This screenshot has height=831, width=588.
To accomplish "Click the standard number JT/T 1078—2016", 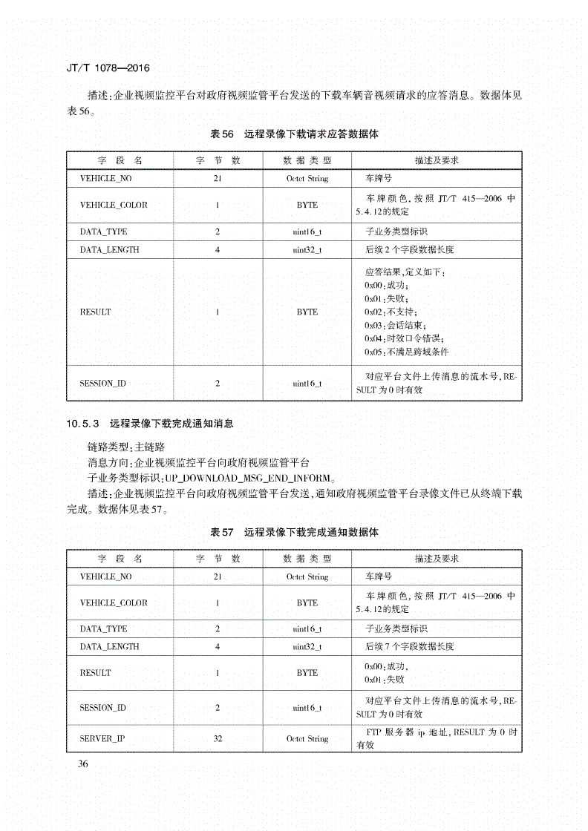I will click(108, 68).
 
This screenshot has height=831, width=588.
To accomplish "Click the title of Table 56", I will click(295, 134).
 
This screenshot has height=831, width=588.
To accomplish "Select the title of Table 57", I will click(295, 532).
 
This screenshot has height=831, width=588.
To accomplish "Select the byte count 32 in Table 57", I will click(218, 738).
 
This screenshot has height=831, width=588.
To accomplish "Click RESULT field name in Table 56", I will click(95, 312).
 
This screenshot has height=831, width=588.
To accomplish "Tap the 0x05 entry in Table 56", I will click(406, 352).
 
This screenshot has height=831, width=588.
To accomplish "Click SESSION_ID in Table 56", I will click(102, 384).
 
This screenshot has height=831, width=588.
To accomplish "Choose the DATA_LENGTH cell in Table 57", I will click(109, 646).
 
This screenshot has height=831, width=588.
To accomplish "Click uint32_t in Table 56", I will click(307, 249).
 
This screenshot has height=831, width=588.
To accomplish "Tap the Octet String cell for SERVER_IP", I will click(307, 738).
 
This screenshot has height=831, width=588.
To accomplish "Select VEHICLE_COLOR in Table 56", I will click(114, 205).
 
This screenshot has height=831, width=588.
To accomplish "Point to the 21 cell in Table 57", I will click(218, 577).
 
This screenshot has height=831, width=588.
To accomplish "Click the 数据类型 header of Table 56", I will click(307, 160).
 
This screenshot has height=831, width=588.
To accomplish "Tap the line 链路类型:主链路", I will click(126, 448).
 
